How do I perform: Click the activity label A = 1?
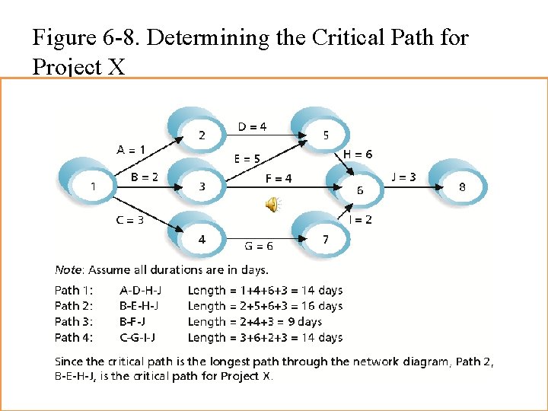click(x=131, y=149)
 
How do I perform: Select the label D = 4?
click(x=253, y=127)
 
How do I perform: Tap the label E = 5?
click(x=247, y=159)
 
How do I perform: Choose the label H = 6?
click(x=358, y=154)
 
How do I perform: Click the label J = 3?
click(x=403, y=177)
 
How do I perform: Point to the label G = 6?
click(x=259, y=246)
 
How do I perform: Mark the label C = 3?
click(x=129, y=220)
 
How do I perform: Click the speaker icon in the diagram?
click(x=272, y=203)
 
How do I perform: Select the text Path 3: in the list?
click(x=73, y=322)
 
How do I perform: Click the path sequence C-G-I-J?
click(x=141, y=338)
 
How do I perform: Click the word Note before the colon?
click(x=68, y=269)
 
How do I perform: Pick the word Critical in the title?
click(x=358, y=37)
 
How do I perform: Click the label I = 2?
click(x=361, y=220)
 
